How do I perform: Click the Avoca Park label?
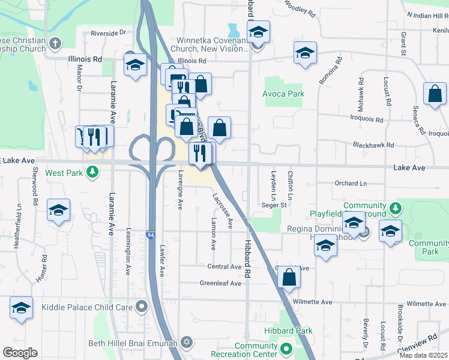click(x=283, y=94)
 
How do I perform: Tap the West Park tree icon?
click(x=91, y=173)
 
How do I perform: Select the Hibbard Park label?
click(x=288, y=331)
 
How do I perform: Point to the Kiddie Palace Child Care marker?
click(x=142, y=307)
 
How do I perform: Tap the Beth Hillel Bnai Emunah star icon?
click(x=186, y=342)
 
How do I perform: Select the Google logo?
click(x=20, y=353)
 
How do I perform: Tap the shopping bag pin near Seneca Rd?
click(x=435, y=95)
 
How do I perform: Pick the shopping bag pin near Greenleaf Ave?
click(x=289, y=277)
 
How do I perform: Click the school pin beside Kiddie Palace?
click(x=21, y=308)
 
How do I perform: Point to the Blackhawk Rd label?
click(x=373, y=145)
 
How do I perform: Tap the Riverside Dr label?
click(x=109, y=33)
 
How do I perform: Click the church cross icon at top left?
click(x=55, y=43)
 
